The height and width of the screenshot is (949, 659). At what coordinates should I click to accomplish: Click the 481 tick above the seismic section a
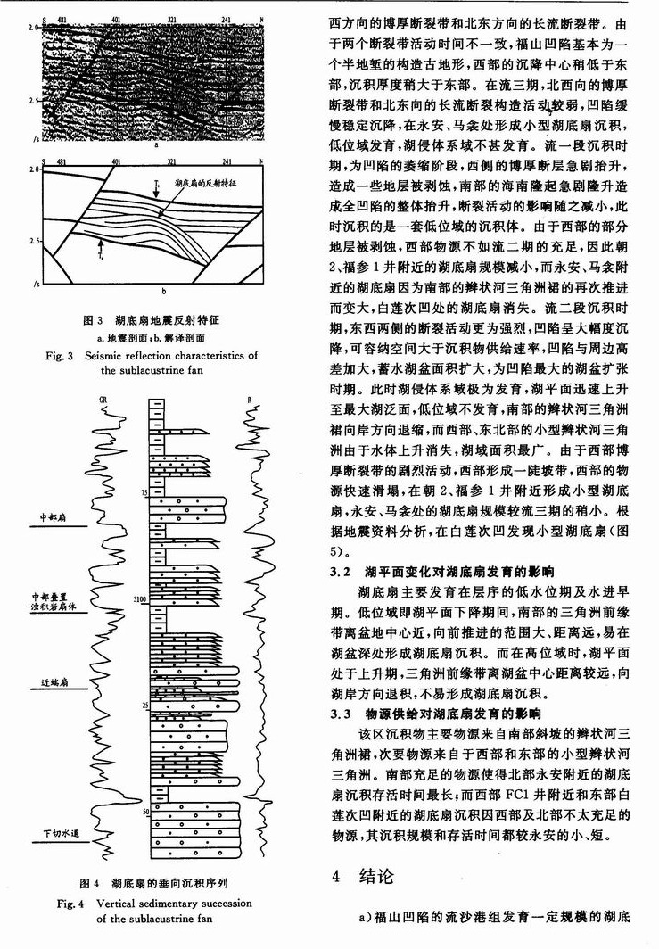pos(62,19)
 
